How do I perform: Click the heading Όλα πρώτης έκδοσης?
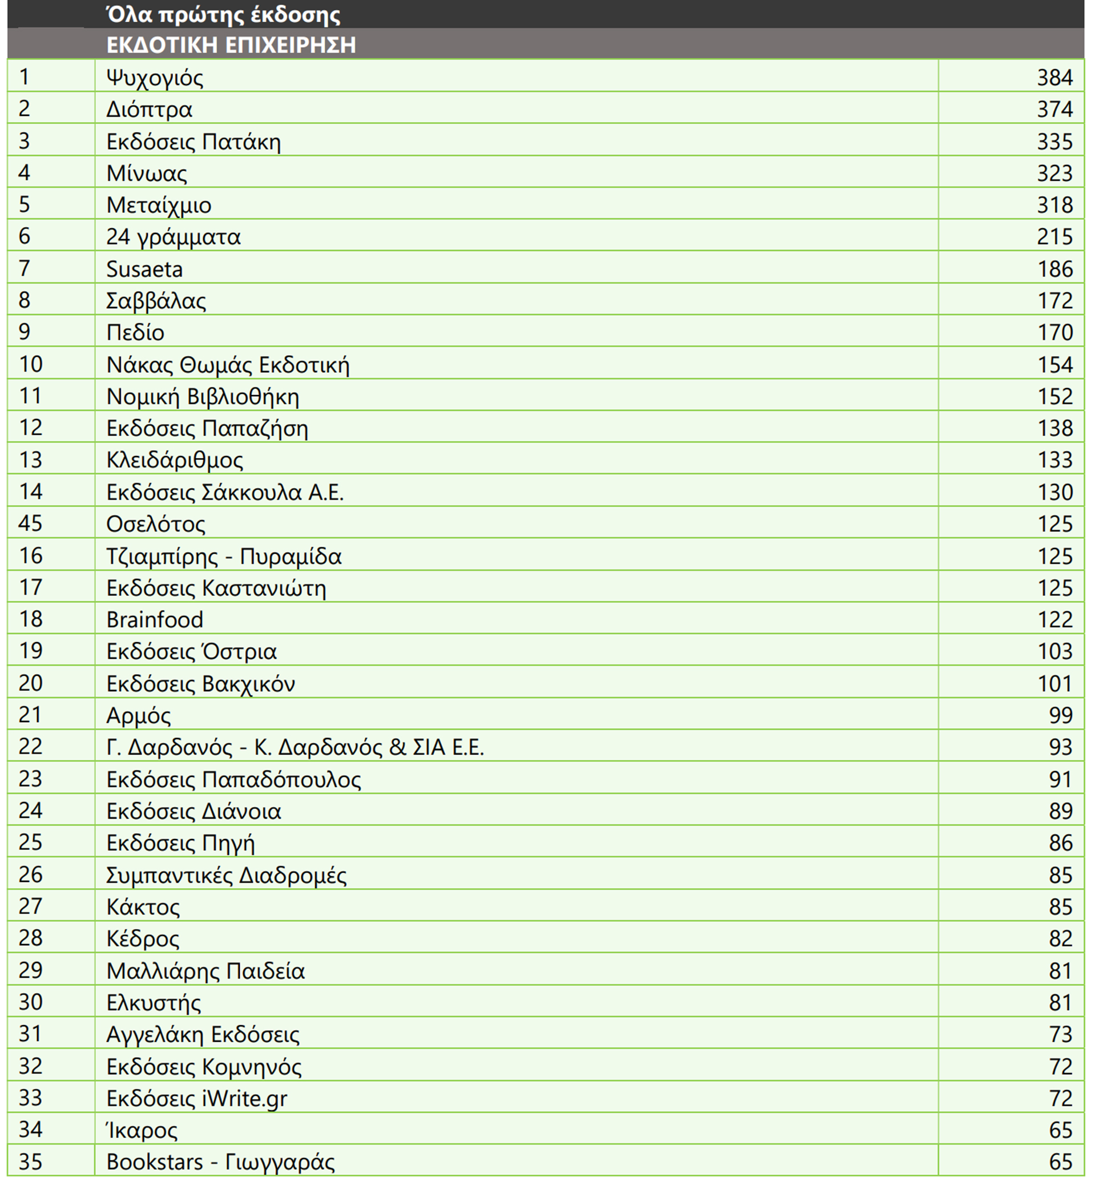click(223, 15)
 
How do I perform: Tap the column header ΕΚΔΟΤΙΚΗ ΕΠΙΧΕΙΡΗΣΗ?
click(231, 45)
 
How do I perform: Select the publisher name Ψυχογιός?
click(154, 77)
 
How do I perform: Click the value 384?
click(1054, 77)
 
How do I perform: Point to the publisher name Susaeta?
click(144, 269)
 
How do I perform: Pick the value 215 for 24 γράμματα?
click(1054, 237)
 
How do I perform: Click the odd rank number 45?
click(30, 523)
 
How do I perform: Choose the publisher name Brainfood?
click(154, 619)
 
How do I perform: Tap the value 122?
click(1054, 619)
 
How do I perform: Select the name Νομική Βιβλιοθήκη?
click(202, 396)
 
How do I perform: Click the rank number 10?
click(30, 364)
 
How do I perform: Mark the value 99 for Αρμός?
click(1061, 715)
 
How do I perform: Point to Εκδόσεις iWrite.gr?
click(196, 1098)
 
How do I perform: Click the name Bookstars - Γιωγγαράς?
click(220, 1162)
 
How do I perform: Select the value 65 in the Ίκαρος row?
click(1061, 1130)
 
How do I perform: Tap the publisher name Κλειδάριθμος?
click(174, 460)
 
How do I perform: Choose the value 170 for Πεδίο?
click(1054, 332)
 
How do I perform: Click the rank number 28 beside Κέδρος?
click(30, 938)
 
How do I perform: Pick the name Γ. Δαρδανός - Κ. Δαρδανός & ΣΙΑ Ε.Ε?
click(295, 747)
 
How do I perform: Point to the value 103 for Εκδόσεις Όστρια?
click(1054, 651)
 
